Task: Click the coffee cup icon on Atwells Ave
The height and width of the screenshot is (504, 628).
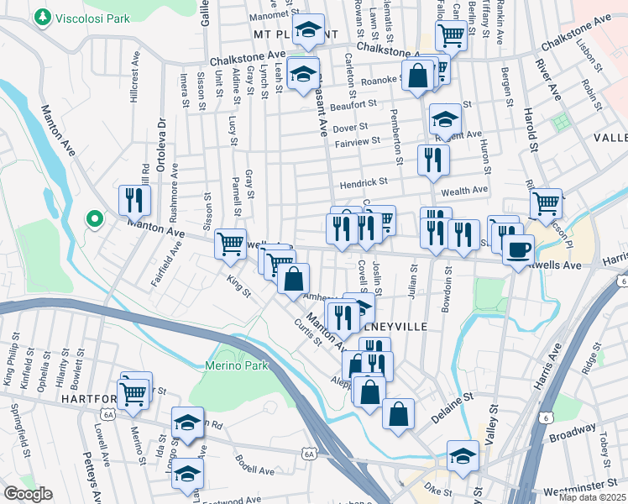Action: coord(518,249)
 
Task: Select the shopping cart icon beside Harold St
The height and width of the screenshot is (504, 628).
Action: coord(547,202)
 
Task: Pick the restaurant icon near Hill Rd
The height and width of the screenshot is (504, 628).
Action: coord(134,200)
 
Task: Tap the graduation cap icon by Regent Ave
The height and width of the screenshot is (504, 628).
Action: coord(445,118)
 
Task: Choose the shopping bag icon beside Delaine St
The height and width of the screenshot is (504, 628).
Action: coord(399,413)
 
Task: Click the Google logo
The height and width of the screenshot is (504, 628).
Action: coord(28,494)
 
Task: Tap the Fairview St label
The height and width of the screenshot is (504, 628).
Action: coord(358,144)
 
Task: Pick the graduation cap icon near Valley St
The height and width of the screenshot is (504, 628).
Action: coord(463,455)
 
